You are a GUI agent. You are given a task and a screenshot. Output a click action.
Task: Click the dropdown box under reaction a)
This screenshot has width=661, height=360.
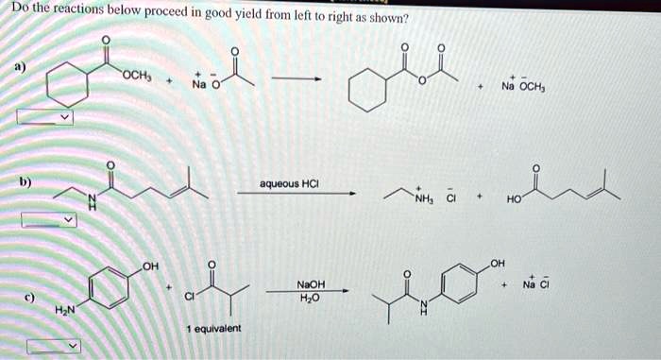[x=43, y=118]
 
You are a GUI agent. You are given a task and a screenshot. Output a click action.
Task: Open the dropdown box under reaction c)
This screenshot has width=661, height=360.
[x=50, y=346]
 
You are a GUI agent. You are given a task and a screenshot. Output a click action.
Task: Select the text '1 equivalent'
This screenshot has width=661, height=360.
[x=212, y=328]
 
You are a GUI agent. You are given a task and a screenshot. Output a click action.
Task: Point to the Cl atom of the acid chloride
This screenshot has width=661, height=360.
[x=191, y=296]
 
